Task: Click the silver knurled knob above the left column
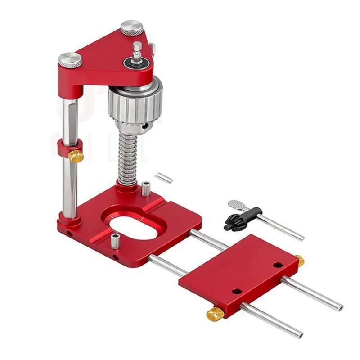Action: [x=70, y=60]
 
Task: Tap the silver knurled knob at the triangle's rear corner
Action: [x=131, y=28]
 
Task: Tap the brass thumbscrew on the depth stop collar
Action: [x=76, y=156]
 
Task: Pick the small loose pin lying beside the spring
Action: [x=163, y=177]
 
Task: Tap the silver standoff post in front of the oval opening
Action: [x=115, y=241]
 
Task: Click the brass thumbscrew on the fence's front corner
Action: [x=216, y=314]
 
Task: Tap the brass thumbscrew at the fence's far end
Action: [x=299, y=260]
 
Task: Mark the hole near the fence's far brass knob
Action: [x=277, y=265]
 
